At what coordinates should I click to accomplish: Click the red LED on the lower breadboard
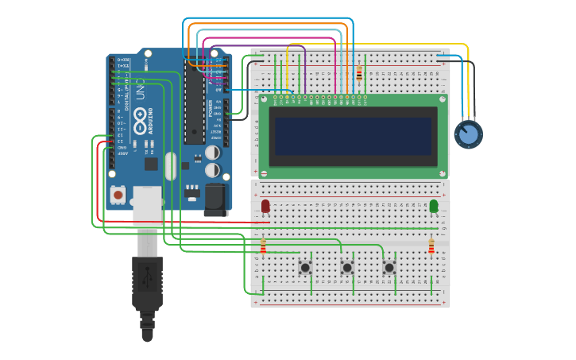(x=265, y=207)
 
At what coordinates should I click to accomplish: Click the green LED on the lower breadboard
(x=433, y=207)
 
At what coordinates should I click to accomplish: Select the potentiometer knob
(x=468, y=134)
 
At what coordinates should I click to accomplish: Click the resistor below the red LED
(x=264, y=246)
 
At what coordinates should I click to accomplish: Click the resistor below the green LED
(x=431, y=246)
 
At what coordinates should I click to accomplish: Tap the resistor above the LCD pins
(x=359, y=74)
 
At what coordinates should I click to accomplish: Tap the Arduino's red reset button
(x=118, y=194)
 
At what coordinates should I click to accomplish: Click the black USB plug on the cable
(x=147, y=282)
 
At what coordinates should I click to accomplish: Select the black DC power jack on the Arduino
(x=215, y=199)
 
